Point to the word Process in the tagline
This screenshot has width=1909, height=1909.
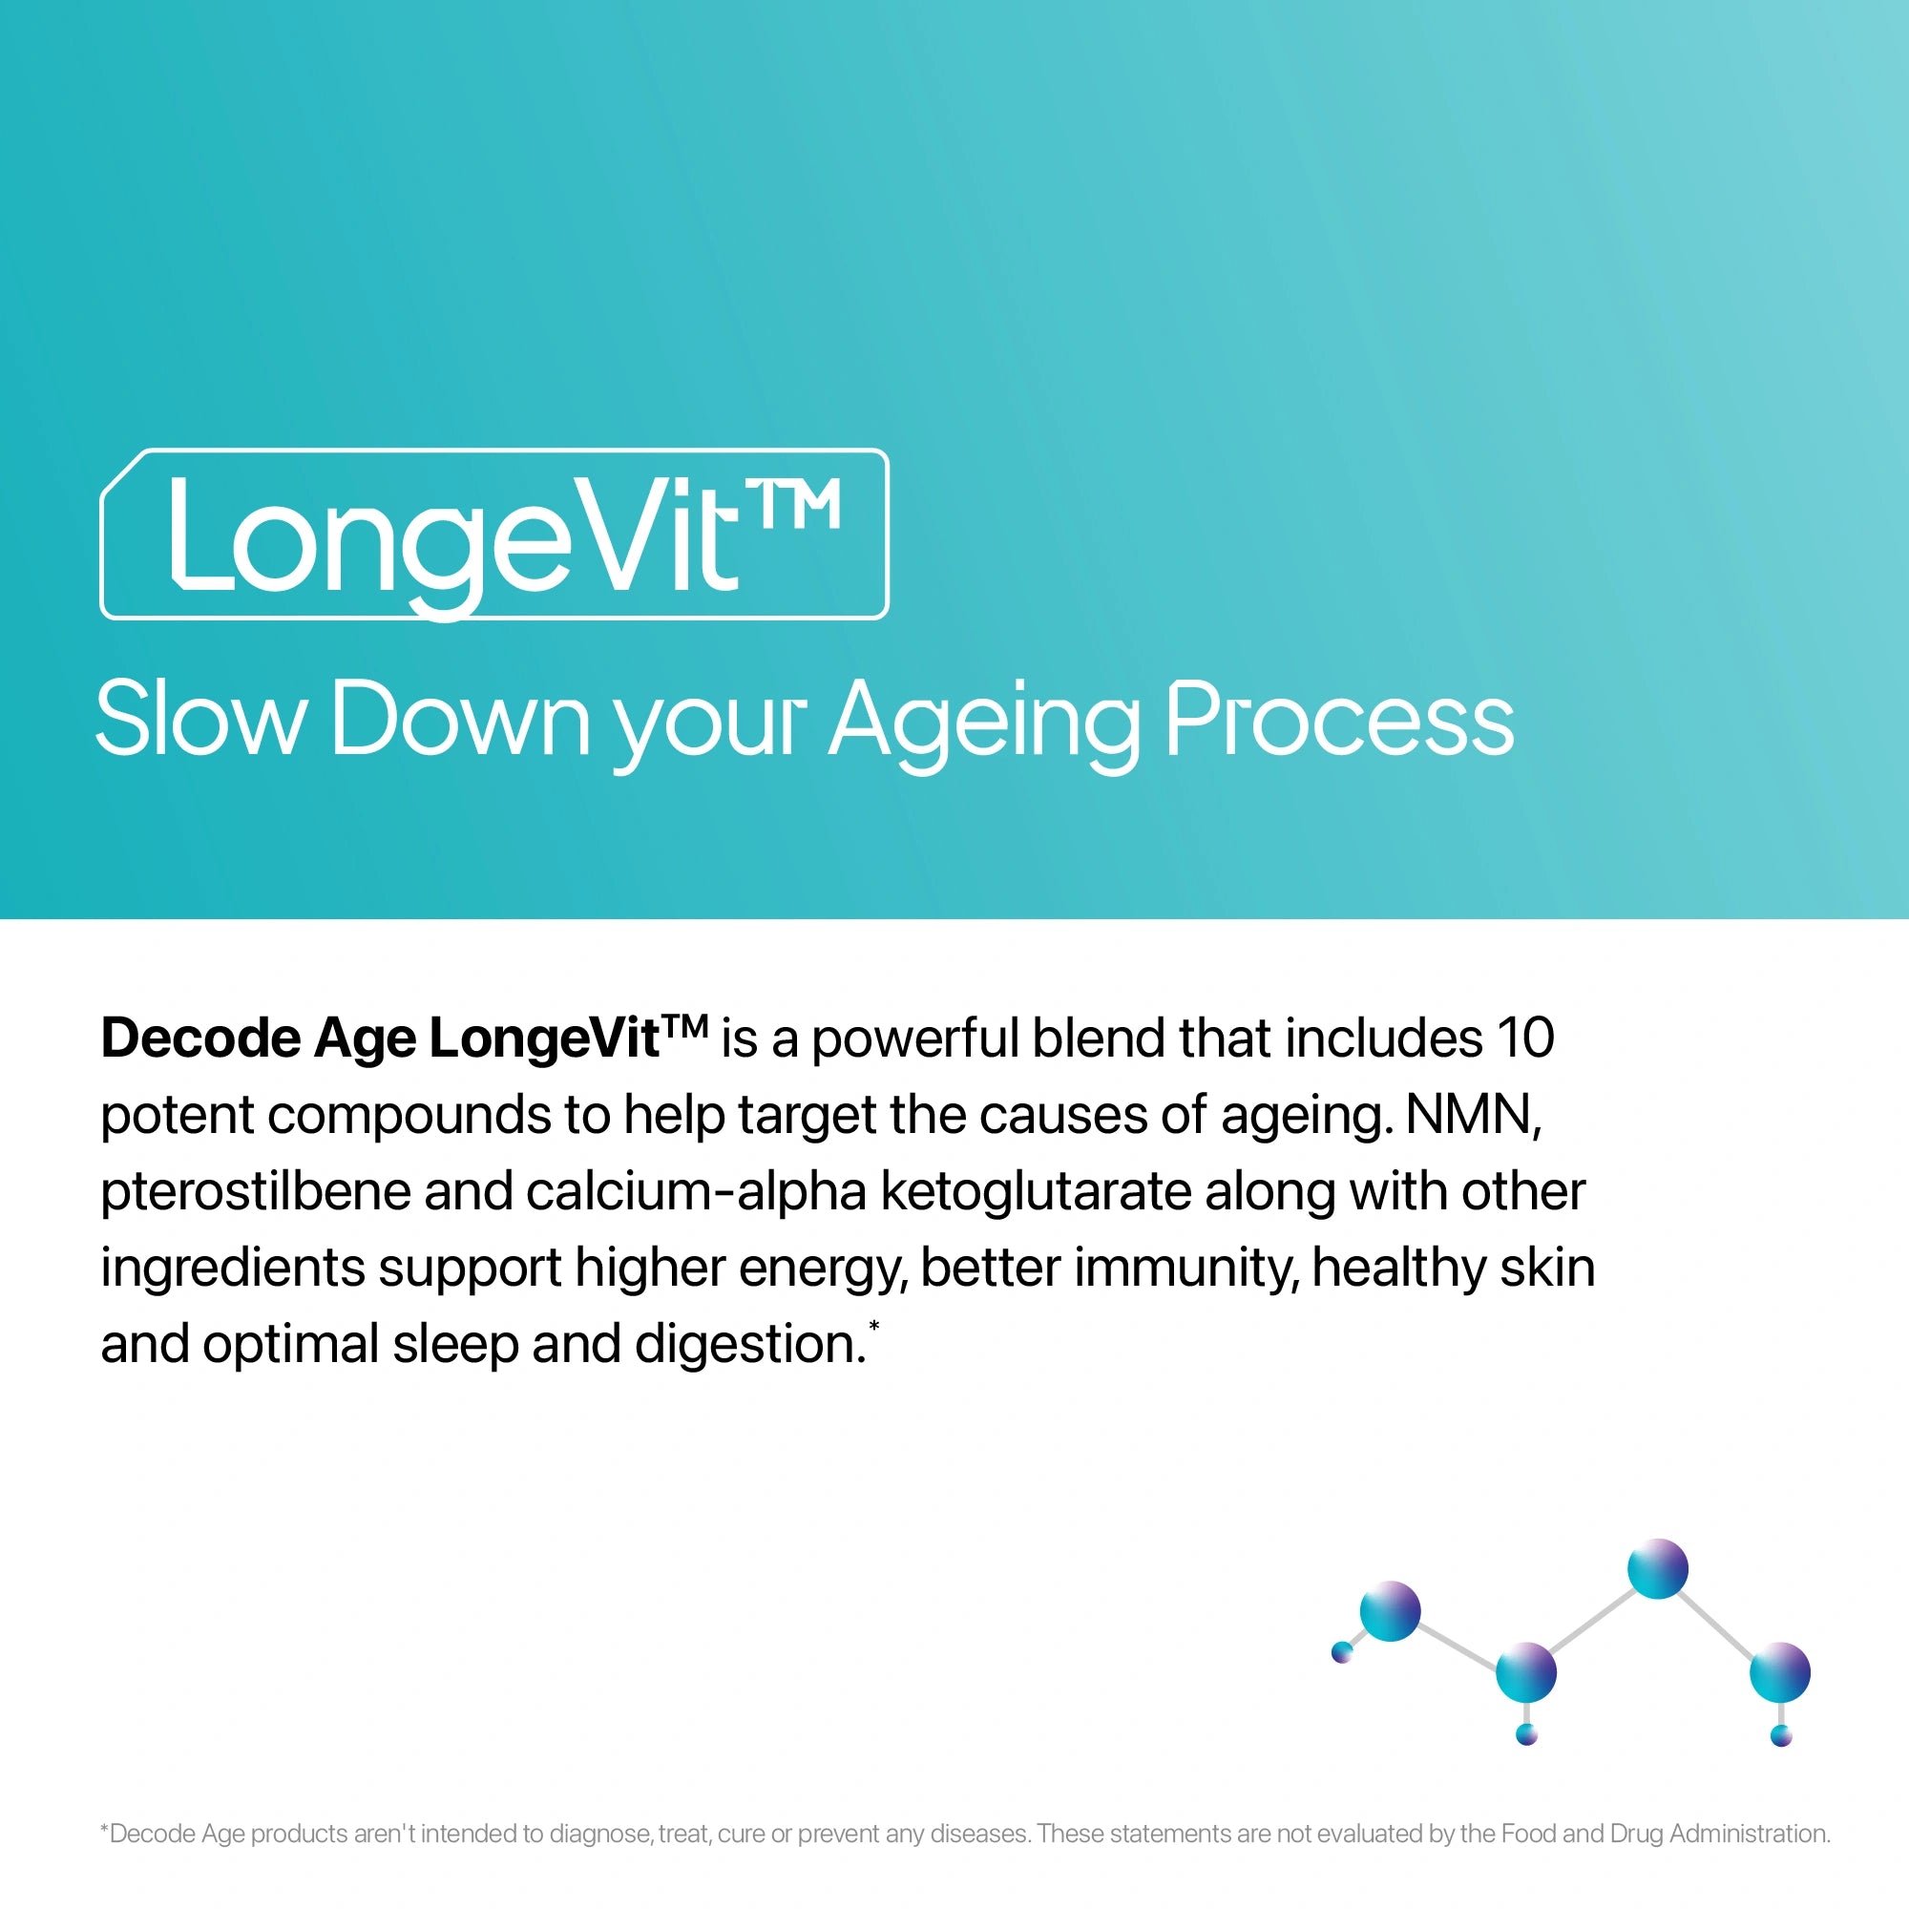(1339, 721)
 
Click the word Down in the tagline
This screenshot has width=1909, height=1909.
(460, 721)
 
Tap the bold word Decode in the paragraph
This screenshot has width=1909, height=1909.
(200, 1038)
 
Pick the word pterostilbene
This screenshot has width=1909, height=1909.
(255, 1191)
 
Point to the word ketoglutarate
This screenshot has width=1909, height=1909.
(1036, 1191)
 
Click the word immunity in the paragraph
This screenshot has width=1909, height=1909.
(1185, 1268)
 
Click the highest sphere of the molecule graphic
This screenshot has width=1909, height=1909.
(1657, 1569)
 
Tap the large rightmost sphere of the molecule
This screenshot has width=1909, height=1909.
(1779, 1673)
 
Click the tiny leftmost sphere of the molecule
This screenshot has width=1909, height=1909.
(1342, 1651)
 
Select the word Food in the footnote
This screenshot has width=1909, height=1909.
(1528, 1834)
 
